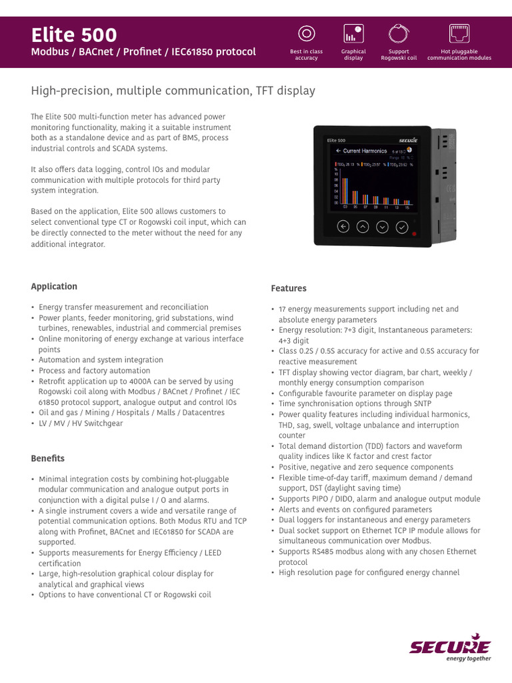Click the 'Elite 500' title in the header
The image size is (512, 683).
point(74,35)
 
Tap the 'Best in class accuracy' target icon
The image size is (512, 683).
point(306,33)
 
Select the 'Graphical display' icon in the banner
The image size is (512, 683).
point(353,33)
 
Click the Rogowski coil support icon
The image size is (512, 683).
point(399,33)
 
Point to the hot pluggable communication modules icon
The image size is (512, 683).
point(459,33)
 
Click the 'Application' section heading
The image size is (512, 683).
point(54,286)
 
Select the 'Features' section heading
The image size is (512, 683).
point(289,288)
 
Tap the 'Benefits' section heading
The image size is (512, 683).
point(48,458)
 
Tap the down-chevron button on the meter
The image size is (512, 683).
point(382,227)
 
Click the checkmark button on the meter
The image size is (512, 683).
point(402,227)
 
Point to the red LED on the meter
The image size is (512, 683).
point(414,234)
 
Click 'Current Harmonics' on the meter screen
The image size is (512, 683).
point(364,151)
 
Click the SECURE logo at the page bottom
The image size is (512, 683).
point(449,646)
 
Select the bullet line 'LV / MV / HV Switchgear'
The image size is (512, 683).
point(81,424)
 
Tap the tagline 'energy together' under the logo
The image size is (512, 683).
point(468,658)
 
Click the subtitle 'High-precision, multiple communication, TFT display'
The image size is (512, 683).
point(173,90)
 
